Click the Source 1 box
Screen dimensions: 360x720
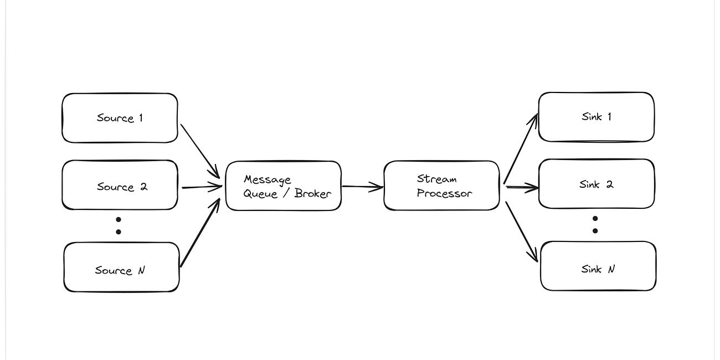click(x=120, y=118)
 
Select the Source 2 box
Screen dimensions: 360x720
click(x=120, y=185)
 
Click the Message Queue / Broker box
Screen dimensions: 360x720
click(x=283, y=186)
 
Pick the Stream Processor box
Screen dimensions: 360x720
click(x=441, y=186)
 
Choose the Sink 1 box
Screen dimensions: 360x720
click(x=596, y=117)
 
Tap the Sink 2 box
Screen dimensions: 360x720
click(x=596, y=184)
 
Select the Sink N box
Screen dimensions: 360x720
click(x=598, y=266)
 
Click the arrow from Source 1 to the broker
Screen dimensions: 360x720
click(x=200, y=148)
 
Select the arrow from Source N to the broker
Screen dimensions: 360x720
click(x=200, y=233)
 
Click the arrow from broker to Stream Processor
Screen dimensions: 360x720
click(x=362, y=187)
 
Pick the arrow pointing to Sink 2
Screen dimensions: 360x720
click(x=522, y=188)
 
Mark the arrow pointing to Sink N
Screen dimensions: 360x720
click(x=521, y=224)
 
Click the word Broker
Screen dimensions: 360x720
click(x=312, y=193)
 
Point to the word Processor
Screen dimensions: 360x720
click(x=444, y=193)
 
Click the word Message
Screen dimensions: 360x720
click(x=267, y=179)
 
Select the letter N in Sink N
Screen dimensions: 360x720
click(x=611, y=269)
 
